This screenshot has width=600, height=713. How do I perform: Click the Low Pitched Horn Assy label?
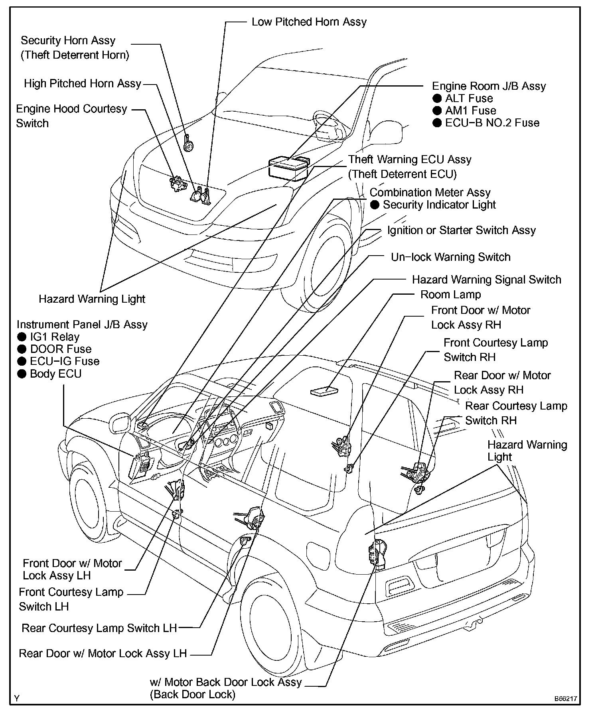click(309, 22)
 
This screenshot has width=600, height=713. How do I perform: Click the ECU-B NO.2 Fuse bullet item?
click(486, 123)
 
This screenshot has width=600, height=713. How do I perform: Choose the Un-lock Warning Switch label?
click(450, 257)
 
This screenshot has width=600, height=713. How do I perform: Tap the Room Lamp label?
click(450, 295)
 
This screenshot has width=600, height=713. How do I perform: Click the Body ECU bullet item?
click(49, 374)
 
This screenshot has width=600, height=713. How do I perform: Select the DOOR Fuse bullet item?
click(55, 349)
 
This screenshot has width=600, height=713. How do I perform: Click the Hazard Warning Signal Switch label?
click(486, 280)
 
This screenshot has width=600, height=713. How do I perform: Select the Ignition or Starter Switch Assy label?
click(461, 230)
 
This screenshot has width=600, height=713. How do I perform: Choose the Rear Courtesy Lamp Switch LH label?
click(99, 628)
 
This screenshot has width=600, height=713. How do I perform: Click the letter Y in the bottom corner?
click(17, 698)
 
